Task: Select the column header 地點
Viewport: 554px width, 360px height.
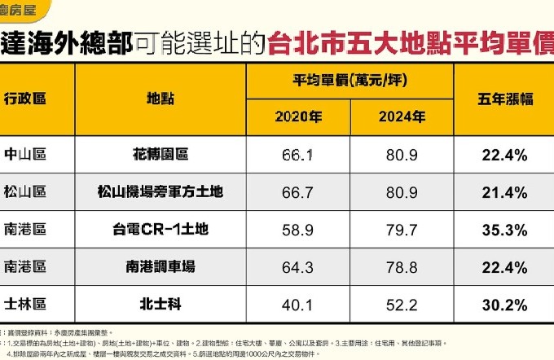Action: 159,99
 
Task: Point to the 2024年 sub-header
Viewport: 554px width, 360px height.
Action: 402,116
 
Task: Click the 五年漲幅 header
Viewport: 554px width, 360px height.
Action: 504,99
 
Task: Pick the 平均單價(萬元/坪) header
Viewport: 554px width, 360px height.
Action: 350,81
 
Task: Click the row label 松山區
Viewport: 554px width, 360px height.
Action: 24,191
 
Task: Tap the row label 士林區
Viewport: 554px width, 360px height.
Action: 24,304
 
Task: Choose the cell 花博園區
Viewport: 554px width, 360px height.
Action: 159,154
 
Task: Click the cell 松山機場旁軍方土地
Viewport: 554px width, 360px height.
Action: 159,191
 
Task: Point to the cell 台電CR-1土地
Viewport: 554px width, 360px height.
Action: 159,229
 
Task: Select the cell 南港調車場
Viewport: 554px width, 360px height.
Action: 159,266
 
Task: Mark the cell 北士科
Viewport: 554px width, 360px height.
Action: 159,304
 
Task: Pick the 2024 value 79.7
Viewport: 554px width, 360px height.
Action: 402,229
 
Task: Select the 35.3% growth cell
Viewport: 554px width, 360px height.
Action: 504,229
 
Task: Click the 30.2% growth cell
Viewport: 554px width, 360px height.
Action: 504,304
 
